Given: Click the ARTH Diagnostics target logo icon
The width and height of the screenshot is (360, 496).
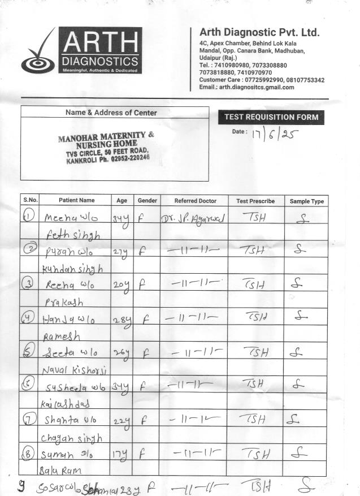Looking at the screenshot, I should [x=38, y=54].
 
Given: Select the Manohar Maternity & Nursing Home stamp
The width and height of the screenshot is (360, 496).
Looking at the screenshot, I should [x=107, y=148].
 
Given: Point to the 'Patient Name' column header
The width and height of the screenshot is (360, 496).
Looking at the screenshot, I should [x=76, y=201].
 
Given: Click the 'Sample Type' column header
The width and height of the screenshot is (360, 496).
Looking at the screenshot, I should [x=306, y=201].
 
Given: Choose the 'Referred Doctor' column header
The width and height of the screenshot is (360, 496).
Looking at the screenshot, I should [x=195, y=201].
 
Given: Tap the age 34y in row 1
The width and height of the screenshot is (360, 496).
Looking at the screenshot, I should [x=121, y=218].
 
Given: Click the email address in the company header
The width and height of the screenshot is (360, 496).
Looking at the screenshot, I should [x=247, y=87].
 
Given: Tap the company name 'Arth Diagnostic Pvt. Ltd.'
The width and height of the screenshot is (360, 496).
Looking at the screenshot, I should [x=259, y=32].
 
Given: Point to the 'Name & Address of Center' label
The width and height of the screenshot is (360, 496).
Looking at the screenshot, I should [x=111, y=113].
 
